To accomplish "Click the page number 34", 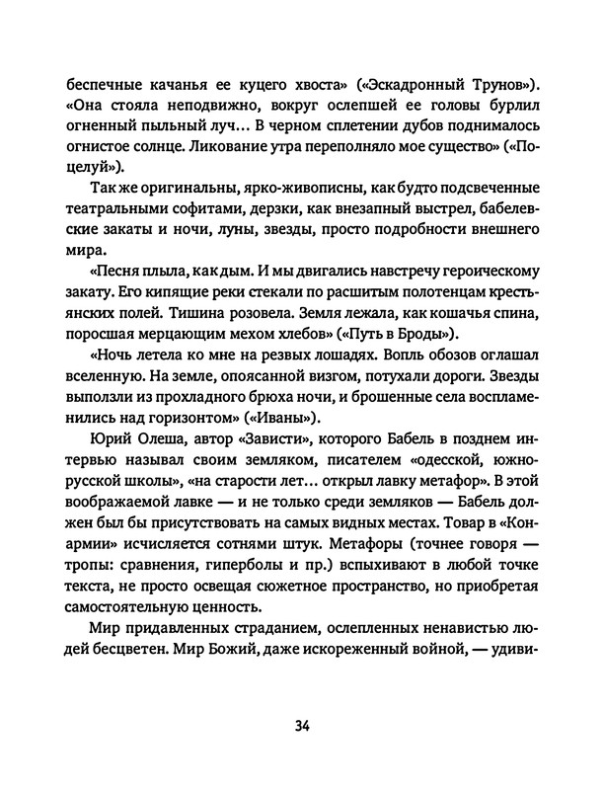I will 302,726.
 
